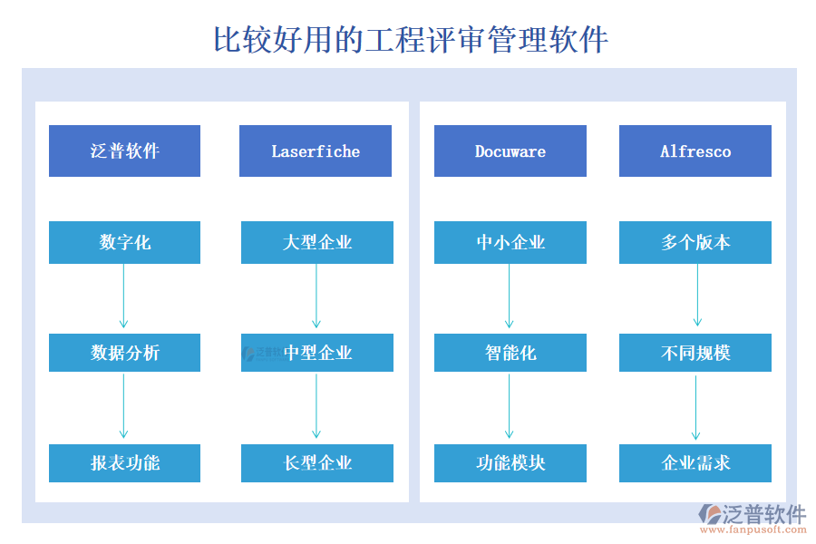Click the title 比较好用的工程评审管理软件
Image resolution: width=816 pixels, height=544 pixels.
tap(410, 40)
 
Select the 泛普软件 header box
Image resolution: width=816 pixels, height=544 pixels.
tap(124, 151)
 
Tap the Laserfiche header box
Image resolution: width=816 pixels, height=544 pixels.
tap(316, 151)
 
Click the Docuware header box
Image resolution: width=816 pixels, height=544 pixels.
tap(510, 151)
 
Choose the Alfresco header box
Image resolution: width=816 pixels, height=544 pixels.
tap(695, 151)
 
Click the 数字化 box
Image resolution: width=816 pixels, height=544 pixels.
tap(124, 243)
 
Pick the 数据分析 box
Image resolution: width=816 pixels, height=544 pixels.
tap(124, 353)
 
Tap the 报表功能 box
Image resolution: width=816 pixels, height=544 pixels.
tap(124, 462)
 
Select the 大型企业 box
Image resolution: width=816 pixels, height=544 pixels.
tap(317, 243)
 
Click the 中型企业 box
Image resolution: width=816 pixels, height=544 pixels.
tap(317, 353)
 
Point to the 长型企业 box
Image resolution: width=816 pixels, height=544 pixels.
tap(317, 462)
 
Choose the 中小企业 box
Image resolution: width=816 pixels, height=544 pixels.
tap(510, 243)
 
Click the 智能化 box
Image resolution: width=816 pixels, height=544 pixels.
tap(510, 353)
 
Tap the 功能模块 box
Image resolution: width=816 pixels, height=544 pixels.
tap(510, 462)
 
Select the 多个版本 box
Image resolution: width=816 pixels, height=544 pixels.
tap(695, 243)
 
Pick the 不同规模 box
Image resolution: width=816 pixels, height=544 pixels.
tap(695, 353)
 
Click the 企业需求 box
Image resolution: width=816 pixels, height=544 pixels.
tap(695, 462)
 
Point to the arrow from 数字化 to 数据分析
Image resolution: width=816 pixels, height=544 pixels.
tap(123, 297)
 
